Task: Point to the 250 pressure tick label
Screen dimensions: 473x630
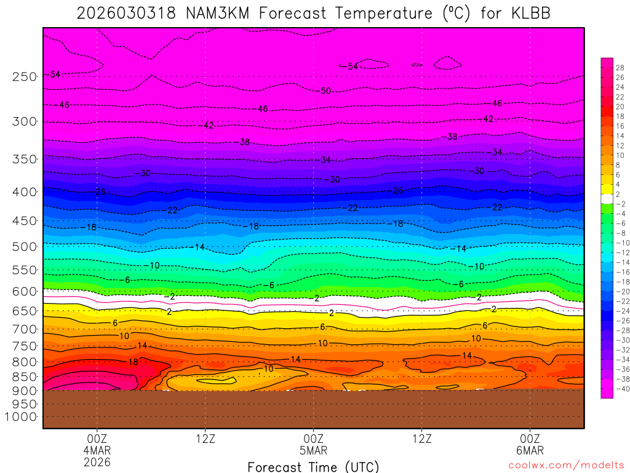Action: (25, 77)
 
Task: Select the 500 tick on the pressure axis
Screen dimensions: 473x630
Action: (25, 247)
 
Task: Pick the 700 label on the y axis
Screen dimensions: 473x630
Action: (25, 329)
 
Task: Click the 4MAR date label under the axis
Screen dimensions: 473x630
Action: (97, 450)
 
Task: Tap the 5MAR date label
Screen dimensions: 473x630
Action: (314, 450)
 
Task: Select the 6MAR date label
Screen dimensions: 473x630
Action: (530, 450)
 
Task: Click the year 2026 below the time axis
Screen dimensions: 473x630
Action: (97, 461)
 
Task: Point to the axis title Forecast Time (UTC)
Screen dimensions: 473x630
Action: (313, 466)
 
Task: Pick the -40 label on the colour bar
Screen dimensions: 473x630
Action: (620, 389)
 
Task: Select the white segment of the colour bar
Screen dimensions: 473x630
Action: (607, 198)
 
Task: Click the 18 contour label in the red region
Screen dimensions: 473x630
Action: (133, 362)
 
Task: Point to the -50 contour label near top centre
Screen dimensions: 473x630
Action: (325, 91)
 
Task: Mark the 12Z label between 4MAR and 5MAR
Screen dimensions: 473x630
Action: (205, 439)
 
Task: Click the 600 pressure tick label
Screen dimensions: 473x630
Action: (25, 291)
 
